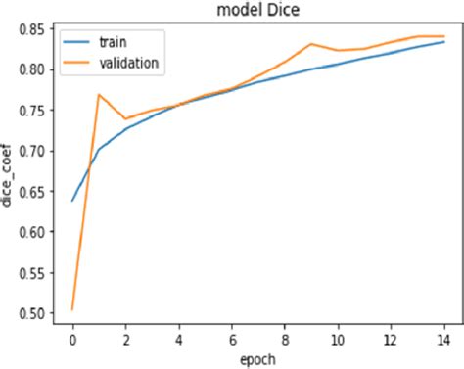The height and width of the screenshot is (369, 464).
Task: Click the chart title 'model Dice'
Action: [257, 10]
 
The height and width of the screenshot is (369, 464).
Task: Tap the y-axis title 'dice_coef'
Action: [10, 175]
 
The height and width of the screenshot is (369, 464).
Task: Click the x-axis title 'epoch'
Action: [257, 357]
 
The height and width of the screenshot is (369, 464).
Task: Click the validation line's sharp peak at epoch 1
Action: [100, 95]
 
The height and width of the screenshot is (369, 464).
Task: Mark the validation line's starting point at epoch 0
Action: [73, 309]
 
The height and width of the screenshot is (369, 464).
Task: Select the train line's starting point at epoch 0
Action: [73, 201]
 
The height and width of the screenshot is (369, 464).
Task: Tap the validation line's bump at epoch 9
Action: [311, 44]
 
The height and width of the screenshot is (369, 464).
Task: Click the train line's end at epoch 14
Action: [443, 42]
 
